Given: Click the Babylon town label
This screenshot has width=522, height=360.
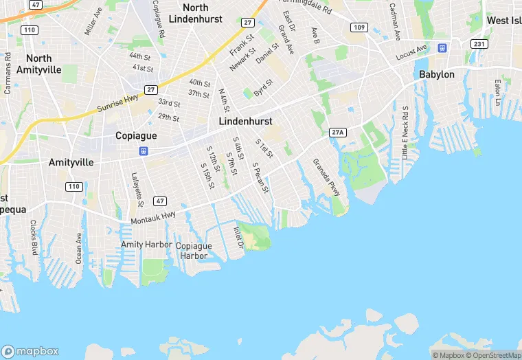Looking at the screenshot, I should (437, 74).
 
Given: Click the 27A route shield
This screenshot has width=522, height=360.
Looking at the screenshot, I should (337, 132).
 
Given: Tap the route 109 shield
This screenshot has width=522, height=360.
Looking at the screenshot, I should (359, 27).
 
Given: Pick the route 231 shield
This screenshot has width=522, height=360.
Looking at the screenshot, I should (479, 44).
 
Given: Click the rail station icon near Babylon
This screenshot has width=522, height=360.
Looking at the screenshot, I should (443, 48).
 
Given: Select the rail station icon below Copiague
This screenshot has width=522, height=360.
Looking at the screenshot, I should (144, 151).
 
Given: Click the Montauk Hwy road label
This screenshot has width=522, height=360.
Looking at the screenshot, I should (153, 218).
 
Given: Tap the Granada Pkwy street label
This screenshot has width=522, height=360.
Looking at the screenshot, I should (326, 177).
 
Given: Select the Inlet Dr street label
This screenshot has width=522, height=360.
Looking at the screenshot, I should (238, 237).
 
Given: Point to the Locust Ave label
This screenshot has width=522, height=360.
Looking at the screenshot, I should (412, 49).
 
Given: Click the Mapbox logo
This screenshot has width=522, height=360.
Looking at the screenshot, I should (30, 350).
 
